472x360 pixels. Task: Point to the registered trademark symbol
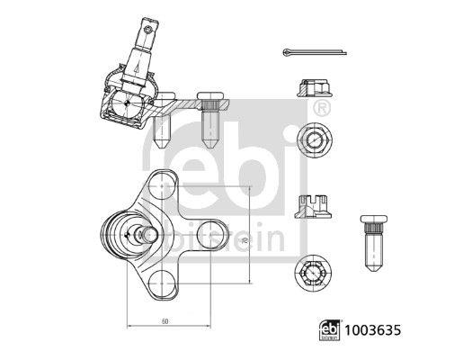(323, 109)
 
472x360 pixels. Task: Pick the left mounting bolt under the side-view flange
(162, 131)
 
